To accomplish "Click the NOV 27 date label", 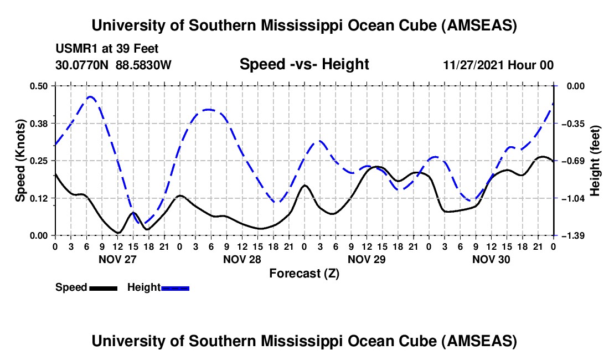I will coord(117,259).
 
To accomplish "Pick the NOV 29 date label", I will coord(367,259).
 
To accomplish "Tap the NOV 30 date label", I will coord(491,259).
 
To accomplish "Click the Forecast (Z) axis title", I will coord(304,273).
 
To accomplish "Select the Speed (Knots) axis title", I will coord(20,161).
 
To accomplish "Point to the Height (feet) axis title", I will coord(596,161).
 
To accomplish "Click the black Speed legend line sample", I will coord(103,287).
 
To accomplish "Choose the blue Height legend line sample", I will coord(175,287).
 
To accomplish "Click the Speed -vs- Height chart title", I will coord(304,65).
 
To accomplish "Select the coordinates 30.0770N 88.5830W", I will coord(113,65).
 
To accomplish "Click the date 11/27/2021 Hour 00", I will coord(498,65).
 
